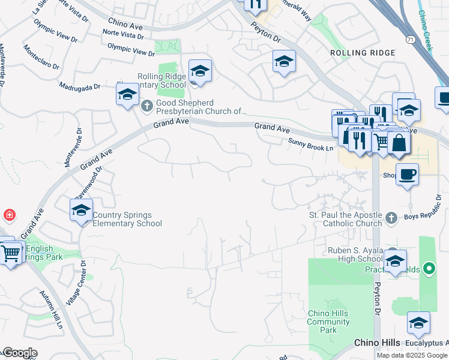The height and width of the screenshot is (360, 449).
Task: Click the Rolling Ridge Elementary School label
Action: tap(162, 80)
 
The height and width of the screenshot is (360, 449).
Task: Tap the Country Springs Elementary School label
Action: tap(127, 220)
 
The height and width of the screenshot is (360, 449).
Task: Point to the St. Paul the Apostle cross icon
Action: tap(391, 217)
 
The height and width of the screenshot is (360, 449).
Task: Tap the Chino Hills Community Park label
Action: tap(328, 322)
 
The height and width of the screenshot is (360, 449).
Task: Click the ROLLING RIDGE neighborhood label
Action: tap(363, 53)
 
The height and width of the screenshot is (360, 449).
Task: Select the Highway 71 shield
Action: tap(409, 39)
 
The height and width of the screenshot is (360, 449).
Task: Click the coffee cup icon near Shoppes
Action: tap(407, 174)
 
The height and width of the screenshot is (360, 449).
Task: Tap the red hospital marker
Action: tap(9, 214)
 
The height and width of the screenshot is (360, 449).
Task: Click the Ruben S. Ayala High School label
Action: tap(346, 254)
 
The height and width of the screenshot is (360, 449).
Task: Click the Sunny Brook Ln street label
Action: tap(310, 142)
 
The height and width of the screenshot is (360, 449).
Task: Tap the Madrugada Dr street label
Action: tap(79, 87)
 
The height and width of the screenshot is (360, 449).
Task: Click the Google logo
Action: tap(20, 353)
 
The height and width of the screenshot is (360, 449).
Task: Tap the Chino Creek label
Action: tap(427, 33)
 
